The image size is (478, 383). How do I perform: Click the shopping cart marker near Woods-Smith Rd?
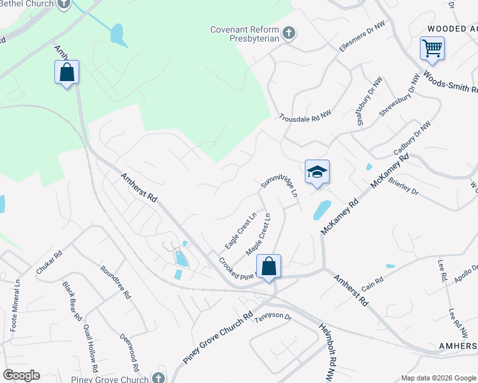point(432,49)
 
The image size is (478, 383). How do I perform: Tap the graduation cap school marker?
point(317,172)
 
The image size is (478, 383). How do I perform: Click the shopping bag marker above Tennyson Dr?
point(269,266)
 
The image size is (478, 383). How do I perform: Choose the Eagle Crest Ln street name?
point(240,230)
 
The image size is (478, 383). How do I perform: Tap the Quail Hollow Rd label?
point(90,349)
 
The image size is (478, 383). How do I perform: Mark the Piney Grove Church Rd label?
point(218,338)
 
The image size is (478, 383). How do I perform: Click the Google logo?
point(21,375)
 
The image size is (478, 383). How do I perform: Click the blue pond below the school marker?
point(321,209)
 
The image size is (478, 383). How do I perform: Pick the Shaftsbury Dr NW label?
point(369,103)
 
